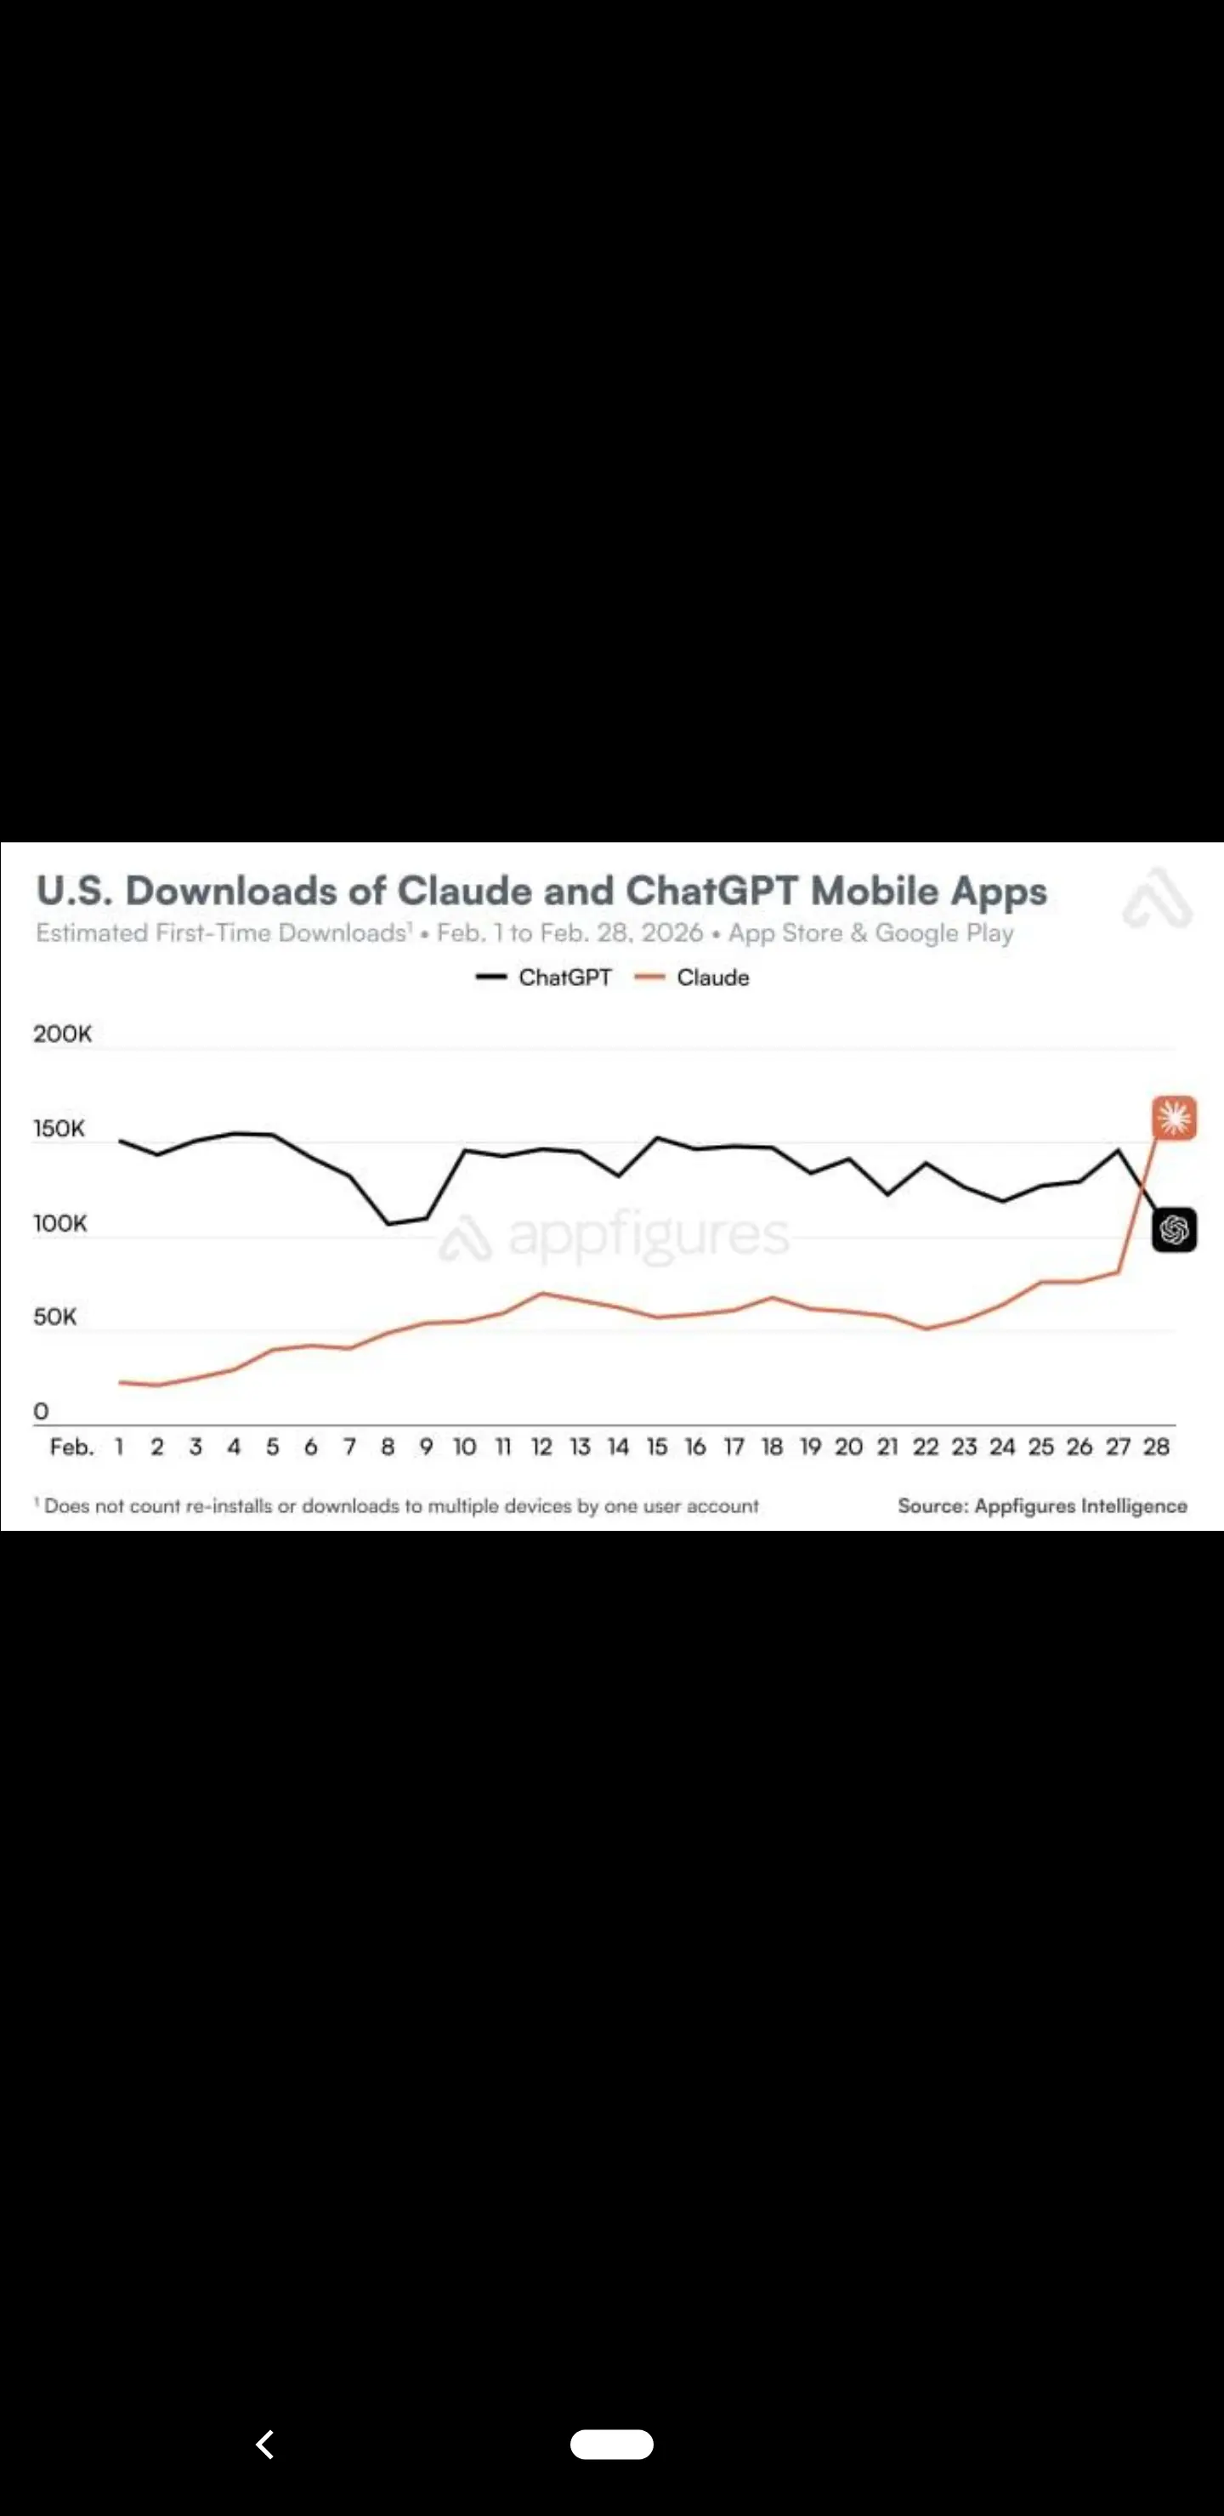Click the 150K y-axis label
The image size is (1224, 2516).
59,1128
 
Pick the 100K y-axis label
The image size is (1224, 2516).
60,1223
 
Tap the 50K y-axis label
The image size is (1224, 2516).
54,1317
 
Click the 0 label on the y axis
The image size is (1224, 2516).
41,1410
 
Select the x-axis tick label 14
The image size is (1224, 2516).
618,1447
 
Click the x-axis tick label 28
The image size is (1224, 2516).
1157,1447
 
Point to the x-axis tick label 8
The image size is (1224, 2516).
388,1447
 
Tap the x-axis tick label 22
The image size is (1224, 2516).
925,1447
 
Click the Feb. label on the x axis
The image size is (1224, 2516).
72,1447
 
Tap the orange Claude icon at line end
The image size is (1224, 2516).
1174,1118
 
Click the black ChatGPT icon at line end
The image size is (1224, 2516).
1174,1230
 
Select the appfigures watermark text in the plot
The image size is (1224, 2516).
648,1237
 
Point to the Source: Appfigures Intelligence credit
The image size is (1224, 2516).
1042,1505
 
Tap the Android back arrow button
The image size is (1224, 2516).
264,2444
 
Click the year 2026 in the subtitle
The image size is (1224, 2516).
672,932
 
